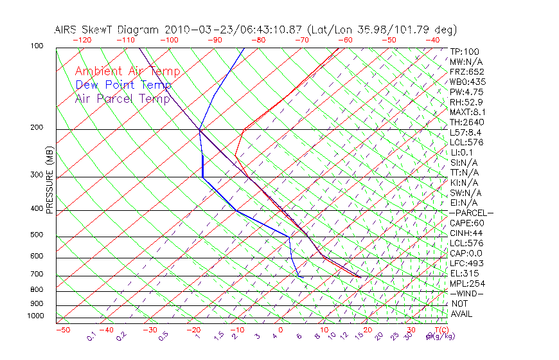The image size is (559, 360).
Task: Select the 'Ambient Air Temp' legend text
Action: click(x=127, y=71)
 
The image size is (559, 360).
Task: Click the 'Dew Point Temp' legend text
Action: click(x=123, y=85)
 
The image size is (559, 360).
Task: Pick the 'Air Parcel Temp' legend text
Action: click(x=122, y=98)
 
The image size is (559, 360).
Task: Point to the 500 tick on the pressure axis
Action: click(x=37, y=235)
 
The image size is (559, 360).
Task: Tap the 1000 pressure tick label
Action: click(x=35, y=316)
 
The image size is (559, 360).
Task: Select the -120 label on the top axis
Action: click(x=82, y=40)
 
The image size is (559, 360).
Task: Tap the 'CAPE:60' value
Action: click(x=466, y=222)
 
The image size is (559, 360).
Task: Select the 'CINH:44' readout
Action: click(x=466, y=233)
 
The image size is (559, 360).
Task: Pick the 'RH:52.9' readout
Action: click(x=466, y=102)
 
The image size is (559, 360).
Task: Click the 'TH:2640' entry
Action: click(x=466, y=122)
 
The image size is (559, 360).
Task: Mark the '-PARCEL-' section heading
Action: click(x=471, y=213)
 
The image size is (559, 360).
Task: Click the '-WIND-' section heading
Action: click(x=467, y=293)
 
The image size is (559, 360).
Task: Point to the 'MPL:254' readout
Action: click(x=466, y=283)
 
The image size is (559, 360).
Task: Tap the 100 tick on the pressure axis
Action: click(x=37, y=46)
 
